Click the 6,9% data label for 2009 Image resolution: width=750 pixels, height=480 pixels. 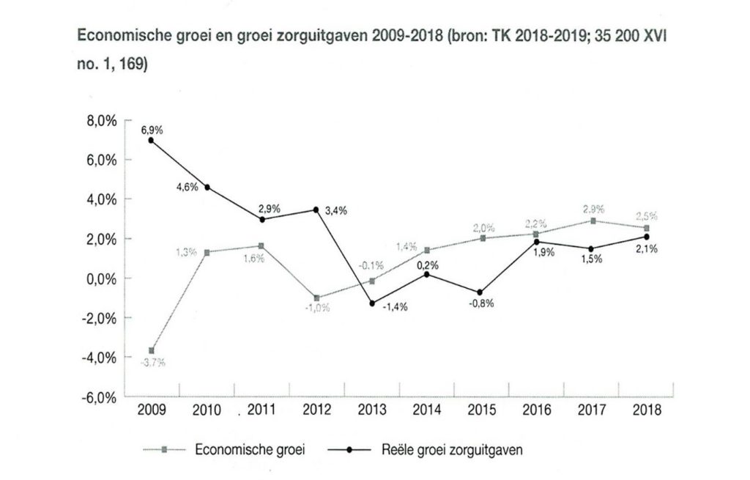pos(152,130)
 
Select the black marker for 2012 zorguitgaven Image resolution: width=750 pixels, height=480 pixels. pos(316,210)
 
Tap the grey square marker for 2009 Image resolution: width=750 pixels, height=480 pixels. pos(152,350)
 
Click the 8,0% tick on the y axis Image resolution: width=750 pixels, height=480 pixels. pos(102,120)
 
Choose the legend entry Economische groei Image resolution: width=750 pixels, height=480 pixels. pos(249,451)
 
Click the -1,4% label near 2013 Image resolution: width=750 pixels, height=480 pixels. pos(395,307)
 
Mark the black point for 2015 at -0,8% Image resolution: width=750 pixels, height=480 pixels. pos(480,292)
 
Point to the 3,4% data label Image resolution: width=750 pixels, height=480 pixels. pos(335,211)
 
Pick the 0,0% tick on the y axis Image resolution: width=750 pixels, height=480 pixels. pos(102,278)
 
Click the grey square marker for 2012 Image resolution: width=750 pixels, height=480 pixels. pos(316,298)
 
